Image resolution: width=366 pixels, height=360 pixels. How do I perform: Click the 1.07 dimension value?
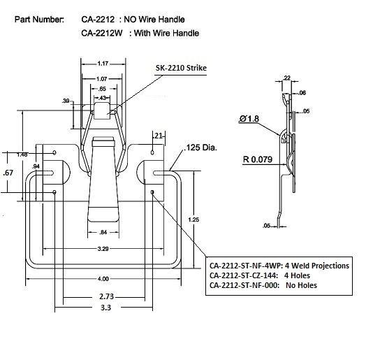[101, 79]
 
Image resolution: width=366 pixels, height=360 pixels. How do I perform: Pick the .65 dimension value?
[102, 90]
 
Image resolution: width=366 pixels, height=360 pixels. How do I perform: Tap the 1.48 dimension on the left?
[21, 154]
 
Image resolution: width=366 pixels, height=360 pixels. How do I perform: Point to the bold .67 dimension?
[8, 172]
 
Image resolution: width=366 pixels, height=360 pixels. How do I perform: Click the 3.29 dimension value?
[102, 249]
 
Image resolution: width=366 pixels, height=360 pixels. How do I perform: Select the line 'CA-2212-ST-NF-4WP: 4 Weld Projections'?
[279, 266]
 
